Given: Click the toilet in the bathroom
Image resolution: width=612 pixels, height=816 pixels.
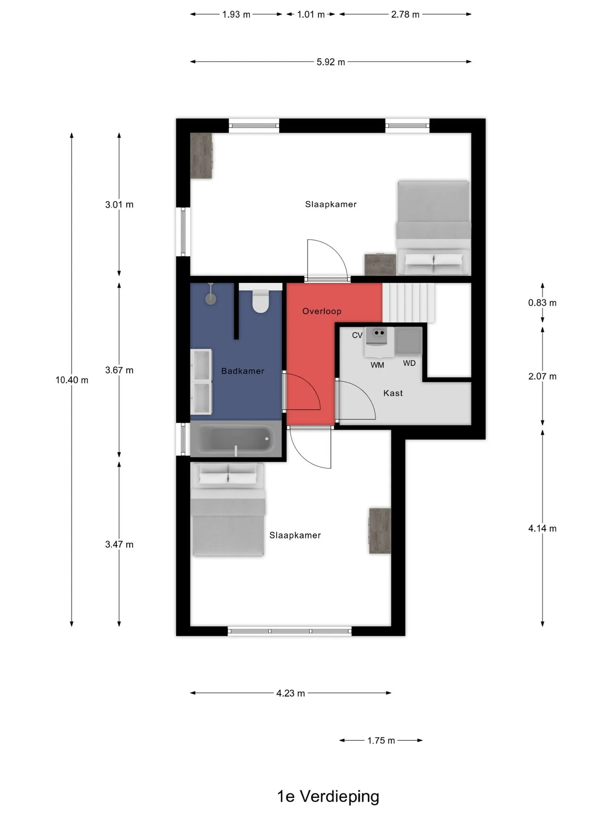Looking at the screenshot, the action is coord(261,301).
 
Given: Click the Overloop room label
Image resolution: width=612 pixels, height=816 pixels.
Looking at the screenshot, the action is coord(322,311).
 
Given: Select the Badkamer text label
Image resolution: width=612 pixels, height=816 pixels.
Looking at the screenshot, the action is coord(243,371).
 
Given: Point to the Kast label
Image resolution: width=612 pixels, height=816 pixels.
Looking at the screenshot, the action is coord(393,393).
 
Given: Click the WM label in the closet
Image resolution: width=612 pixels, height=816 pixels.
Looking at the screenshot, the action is coord(377,365).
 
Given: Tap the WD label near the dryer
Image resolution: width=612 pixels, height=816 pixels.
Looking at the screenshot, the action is coord(409,363).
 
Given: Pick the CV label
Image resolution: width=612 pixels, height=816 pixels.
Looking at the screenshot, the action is coord(357,335).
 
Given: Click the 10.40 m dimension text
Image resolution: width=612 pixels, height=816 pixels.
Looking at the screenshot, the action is coord(72,380).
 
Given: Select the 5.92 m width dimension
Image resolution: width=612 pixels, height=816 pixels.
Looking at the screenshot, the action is coord(331,62).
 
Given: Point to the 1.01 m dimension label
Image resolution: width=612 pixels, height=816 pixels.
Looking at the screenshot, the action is coord(311,14).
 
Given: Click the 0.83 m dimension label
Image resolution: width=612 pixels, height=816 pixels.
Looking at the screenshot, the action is coord(542,303).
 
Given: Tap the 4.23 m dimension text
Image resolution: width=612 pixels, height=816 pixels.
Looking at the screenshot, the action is coord(291,693).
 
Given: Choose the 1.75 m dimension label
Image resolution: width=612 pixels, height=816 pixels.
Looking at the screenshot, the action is coord(381,740).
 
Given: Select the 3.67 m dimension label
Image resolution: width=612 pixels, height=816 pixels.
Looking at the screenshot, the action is coord(119,370).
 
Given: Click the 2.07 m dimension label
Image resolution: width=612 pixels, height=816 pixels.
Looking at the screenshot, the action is coord(542,376).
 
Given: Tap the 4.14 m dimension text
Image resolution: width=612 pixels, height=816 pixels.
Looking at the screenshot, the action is coord(542,528).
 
